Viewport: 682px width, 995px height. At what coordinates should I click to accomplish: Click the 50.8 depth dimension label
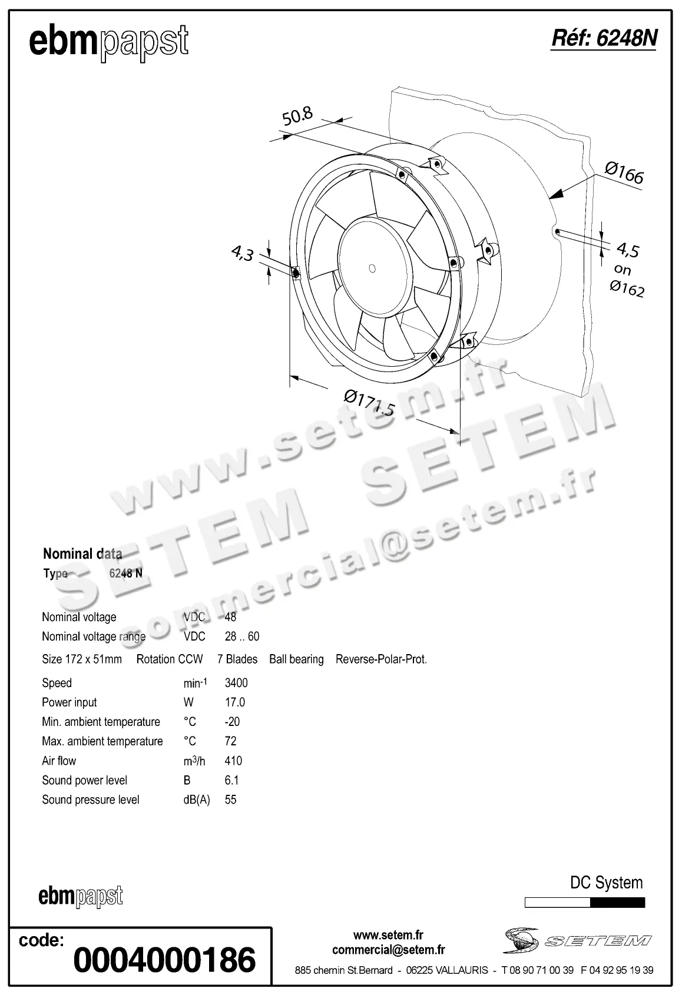click(x=297, y=116)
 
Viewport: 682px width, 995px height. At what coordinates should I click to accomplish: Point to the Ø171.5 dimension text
click(x=369, y=403)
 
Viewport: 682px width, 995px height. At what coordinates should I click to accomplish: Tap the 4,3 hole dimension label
click(x=242, y=254)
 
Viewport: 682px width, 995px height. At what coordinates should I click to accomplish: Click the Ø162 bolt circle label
click(x=627, y=288)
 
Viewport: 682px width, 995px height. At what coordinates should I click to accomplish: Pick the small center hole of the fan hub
click(x=372, y=268)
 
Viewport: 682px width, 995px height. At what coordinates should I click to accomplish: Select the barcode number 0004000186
click(x=164, y=960)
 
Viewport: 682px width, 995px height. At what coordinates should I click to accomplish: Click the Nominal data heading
click(x=82, y=553)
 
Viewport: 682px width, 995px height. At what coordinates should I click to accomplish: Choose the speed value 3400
click(x=236, y=683)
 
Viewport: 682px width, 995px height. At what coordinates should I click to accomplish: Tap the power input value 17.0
click(x=235, y=702)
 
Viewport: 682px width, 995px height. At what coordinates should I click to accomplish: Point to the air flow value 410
click(x=233, y=761)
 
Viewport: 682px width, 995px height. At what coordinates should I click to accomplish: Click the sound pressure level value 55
click(x=230, y=800)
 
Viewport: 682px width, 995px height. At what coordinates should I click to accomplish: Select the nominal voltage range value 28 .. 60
click(x=241, y=636)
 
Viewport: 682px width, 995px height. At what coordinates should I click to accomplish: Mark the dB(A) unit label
click(x=197, y=800)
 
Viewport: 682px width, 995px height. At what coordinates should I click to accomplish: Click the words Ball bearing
click(x=296, y=659)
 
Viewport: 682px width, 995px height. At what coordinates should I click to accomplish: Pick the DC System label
click(x=606, y=883)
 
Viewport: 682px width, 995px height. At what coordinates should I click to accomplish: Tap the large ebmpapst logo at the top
click(x=108, y=42)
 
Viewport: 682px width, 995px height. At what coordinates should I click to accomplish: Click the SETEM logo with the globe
click(x=577, y=940)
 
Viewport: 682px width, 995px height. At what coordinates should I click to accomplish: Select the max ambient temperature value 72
click(x=230, y=741)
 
